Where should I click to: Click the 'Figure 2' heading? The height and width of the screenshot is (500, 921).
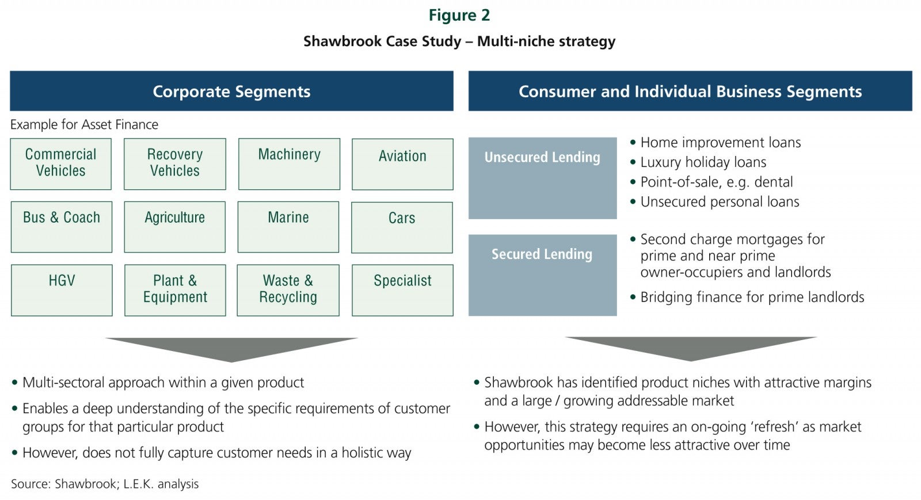click(x=459, y=16)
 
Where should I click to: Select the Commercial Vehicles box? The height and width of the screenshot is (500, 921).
click(x=61, y=164)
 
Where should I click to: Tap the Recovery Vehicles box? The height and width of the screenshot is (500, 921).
click(x=175, y=164)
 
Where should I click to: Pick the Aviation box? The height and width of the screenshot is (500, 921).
click(x=402, y=164)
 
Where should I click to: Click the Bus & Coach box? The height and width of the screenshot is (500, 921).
click(x=62, y=227)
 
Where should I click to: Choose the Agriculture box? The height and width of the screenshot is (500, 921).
click(x=175, y=227)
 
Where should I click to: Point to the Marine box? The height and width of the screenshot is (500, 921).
click(x=288, y=227)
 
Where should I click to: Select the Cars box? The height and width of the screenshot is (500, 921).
click(x=402, y=227)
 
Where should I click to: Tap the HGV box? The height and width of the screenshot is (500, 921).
click(x=62, y=290)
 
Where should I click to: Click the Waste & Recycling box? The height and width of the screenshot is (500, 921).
click(x=288, y=290)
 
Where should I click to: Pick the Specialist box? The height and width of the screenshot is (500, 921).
click(x=402, y=290)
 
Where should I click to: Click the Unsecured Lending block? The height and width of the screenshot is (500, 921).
click(x=543, y=178)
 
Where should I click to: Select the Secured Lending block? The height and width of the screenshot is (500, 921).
click(x=543, y=275)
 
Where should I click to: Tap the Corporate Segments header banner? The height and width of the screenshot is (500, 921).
click(x=232, y=91)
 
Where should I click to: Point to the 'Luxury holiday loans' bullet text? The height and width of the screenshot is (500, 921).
click(x=703, y=162)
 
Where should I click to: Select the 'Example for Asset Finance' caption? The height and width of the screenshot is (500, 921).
click(x=84, y=124)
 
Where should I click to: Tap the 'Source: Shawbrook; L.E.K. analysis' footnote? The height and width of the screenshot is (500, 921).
click(x=105, y=484)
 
